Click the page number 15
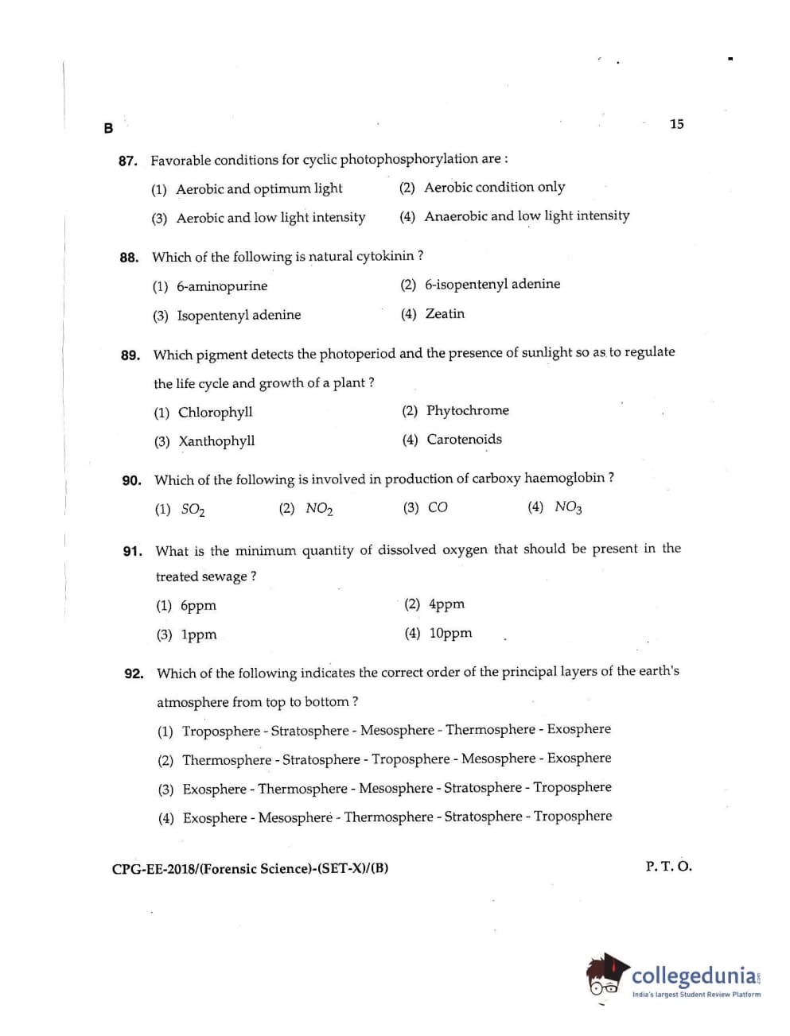coord(676,124)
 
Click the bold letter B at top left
coord(108,128)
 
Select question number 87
coord(127,161)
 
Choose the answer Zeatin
coord(445,314)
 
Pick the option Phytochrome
coord(467,410)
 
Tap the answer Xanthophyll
coord(216,441)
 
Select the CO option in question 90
coord(438,507)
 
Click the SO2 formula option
coord(193,510)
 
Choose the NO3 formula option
coord(568,507)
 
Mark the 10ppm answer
coord(450,634)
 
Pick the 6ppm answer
coord(198,606)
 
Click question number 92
coord(134,674)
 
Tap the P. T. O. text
coord(668,867)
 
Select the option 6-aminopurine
coord(222,286)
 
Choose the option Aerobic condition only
coord(494,188)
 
